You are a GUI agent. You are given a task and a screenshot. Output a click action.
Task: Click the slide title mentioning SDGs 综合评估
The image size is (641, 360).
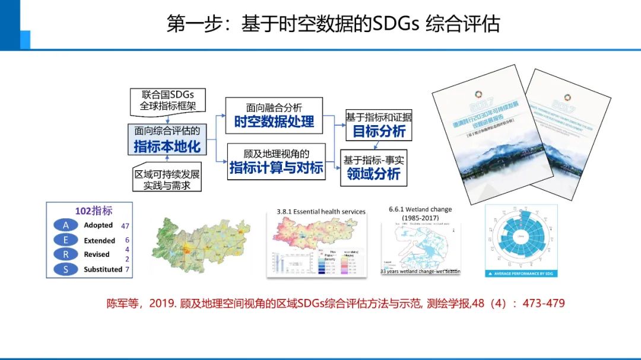tap(333, 24)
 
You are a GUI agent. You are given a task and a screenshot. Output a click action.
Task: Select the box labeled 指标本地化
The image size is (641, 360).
tap(167, 139)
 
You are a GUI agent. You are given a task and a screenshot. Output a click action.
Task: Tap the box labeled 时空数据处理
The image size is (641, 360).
tap(274, 115)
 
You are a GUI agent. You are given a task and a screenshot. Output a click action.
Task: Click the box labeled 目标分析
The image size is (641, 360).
tap(379, 124)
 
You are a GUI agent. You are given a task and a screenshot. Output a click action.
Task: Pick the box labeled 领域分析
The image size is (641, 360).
tap(373, 167)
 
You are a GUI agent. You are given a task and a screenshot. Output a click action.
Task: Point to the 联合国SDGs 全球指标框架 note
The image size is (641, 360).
tap(168, 101)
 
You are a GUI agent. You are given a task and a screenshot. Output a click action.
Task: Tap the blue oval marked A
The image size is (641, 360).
tap(66, 225)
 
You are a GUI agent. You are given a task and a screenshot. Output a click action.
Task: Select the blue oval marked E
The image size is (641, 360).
tap(66, 240)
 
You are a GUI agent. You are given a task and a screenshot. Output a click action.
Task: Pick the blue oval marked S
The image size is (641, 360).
tap(66, 269)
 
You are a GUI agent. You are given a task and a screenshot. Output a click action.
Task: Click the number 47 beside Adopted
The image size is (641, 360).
tap(125, 226)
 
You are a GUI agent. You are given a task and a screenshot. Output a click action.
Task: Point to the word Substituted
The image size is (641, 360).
tap(103, 269)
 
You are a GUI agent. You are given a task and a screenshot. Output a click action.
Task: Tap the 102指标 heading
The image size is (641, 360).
tap(93, 211)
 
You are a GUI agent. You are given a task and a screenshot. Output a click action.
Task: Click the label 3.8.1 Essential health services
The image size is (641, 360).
tap(321, 211)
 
